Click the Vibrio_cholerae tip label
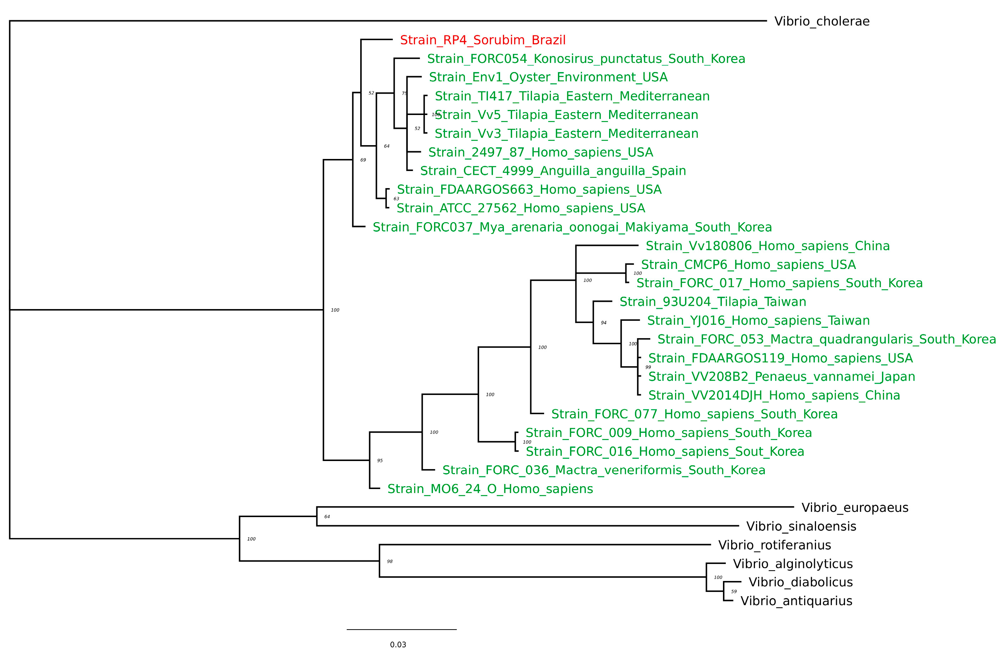[x=822, y=21]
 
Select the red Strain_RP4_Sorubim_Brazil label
[x=483, y=40]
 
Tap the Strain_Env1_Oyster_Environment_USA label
[x=548, y=77]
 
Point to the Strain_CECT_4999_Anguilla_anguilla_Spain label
[x=553, y=171]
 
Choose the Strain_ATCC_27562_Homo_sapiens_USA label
[x=520, y=208]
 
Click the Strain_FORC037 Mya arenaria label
[x=572, y=227]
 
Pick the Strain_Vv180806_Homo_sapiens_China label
[x=767, y=246]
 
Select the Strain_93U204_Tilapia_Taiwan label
[x=712, y=302]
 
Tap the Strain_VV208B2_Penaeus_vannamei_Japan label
[x=781, y=377]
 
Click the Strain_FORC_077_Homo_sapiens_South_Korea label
[x=694, y=415]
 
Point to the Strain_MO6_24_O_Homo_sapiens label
[x=490, y=489]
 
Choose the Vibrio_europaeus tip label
[x=855, y=508]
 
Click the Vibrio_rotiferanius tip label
[x=774, y=545]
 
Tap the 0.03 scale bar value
[x=398, y=644]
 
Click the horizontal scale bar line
[x=401, y=630]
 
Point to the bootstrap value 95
[x=380, y=461]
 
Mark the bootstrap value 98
[x=390, y=561]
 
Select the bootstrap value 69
[x=363, y=160]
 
